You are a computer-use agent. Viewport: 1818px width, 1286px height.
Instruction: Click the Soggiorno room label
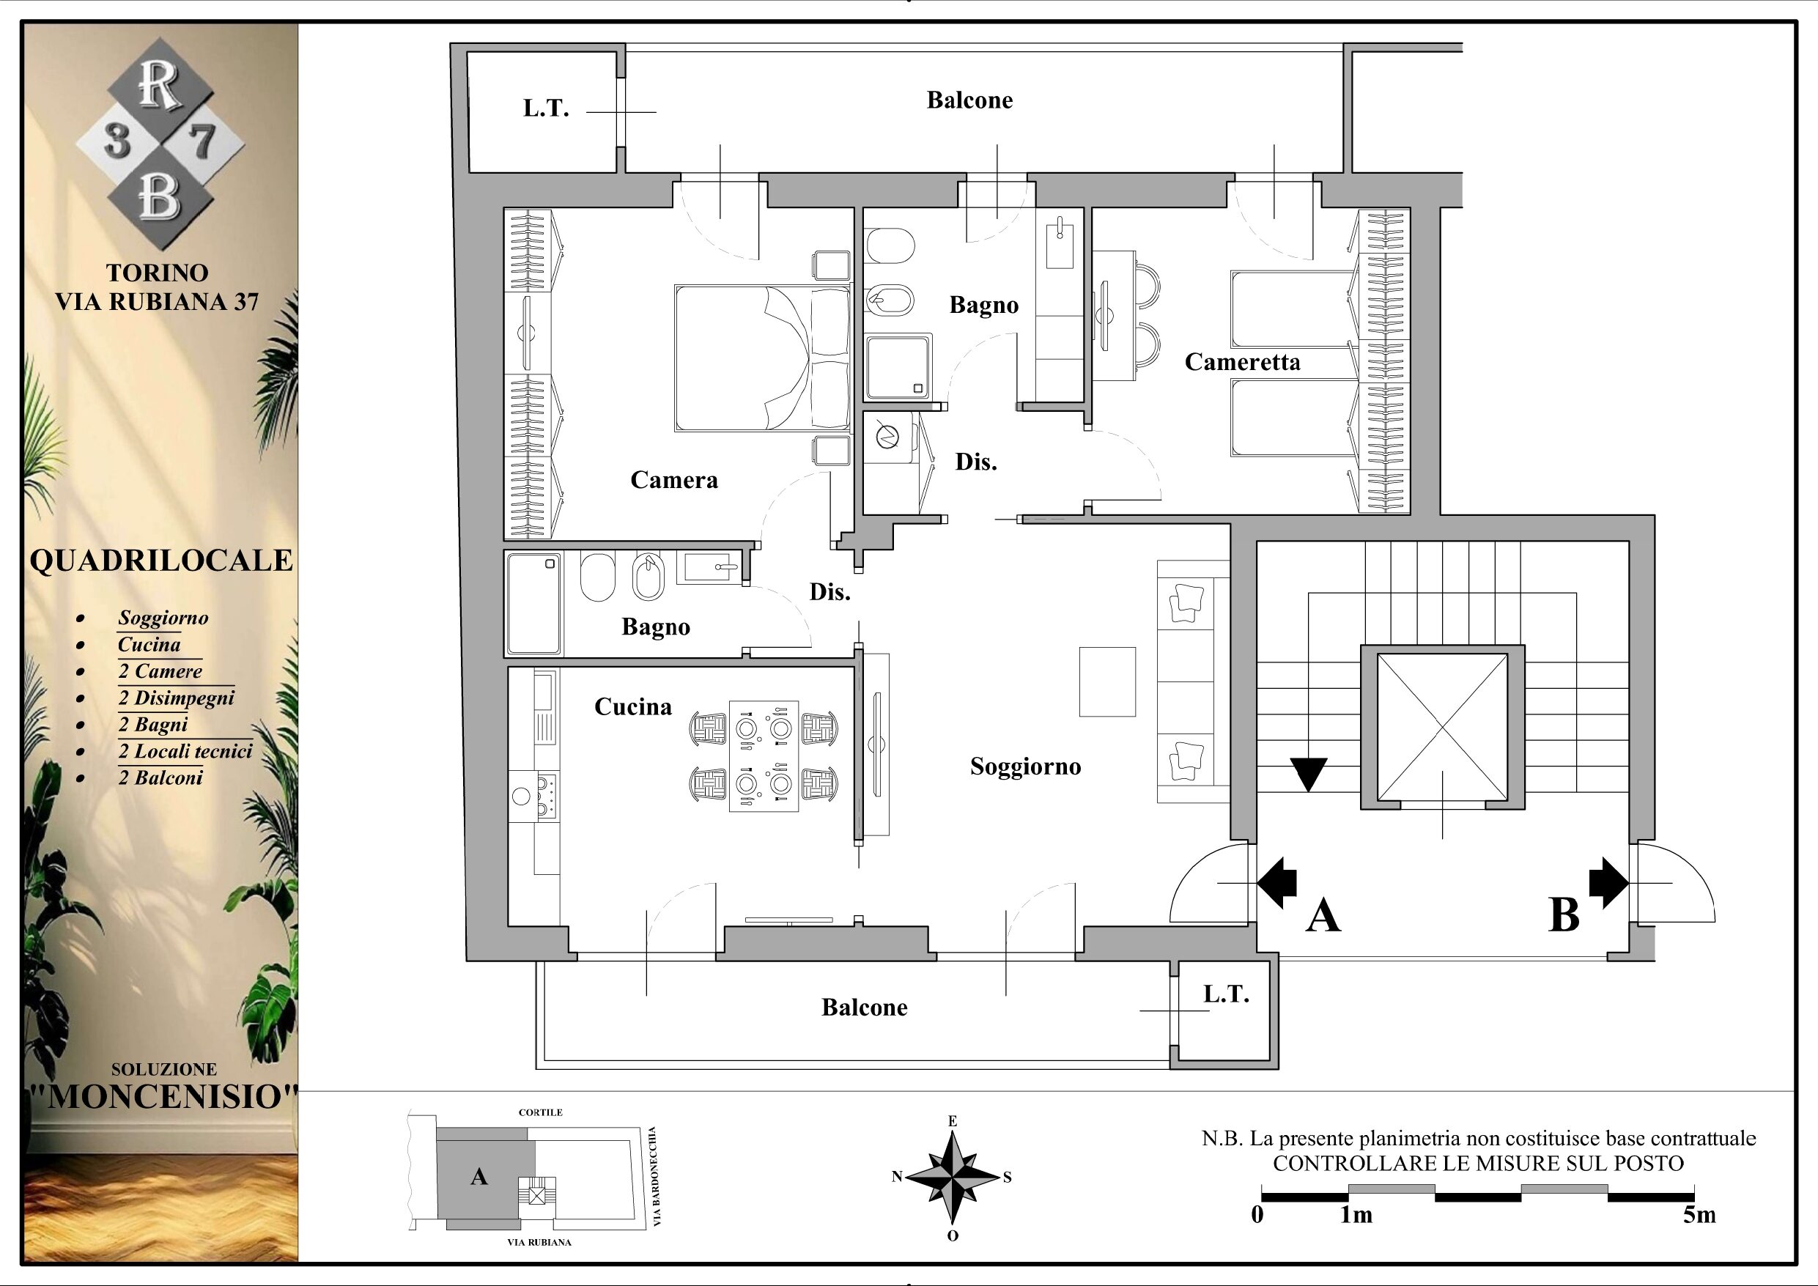click(x=1025, y=767)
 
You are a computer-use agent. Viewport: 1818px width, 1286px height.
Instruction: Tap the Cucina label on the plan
click(x=632, y=706)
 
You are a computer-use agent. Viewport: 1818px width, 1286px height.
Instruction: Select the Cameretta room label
click(x=1242, y=362)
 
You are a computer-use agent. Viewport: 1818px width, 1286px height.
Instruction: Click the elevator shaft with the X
click(x=1442, y=728)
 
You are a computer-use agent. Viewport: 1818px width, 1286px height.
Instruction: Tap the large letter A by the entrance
click(x=1323, y=917)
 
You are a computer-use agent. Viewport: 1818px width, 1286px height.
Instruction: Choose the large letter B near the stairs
click(x=1564, y=916)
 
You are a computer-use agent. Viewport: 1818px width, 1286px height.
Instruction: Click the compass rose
click(x=953, y=1178)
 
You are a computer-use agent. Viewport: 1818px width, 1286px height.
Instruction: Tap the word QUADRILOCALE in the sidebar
click(x=161, y=561)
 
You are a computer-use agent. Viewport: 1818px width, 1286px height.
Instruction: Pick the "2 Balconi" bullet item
click(x=160, y=777)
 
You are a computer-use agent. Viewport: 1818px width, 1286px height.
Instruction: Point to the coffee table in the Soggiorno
click(x=1107, y=681)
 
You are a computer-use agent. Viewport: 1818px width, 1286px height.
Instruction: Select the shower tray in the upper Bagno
click(x=898, y=366)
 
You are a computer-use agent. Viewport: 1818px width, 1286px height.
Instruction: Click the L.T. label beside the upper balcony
click(x=547, y=108)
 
